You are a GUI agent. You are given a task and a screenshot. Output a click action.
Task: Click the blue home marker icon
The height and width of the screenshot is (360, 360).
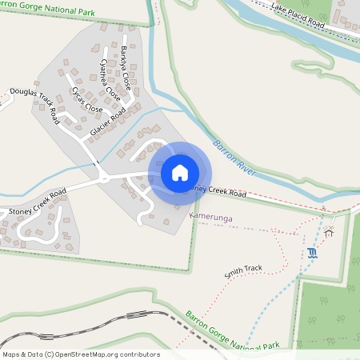pyautogui.click(x=179, y=173)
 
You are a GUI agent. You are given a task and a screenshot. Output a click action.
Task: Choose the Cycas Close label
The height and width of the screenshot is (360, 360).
pyautogui.click(x=86, y=101)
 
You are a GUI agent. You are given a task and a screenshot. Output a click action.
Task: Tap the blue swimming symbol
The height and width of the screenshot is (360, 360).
pyautogui.click(x=311, y=254)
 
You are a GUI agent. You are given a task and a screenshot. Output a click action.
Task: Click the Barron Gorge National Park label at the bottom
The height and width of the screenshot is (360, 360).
pyautogui.click(x=232, y=330)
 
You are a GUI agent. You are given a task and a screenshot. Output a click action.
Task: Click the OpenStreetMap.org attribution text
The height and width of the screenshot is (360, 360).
pyautogui.click(x=104, y=354)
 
